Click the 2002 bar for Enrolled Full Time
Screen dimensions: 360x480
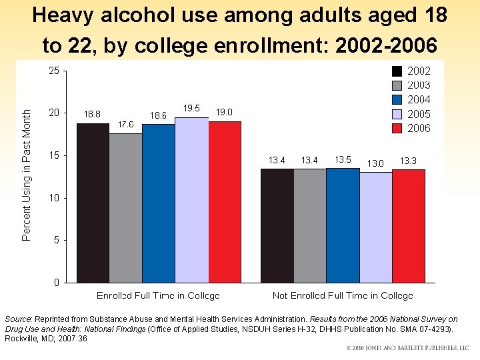[x=93, y=203]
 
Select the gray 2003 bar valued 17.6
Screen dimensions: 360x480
[x=125, y=208]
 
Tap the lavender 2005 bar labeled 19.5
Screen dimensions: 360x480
[x=191, y=200]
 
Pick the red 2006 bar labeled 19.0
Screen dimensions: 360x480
[x=225, y=202]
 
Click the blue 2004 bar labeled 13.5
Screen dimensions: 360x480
[x=343, y=225]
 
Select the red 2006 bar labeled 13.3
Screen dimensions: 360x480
[x=408, y=226]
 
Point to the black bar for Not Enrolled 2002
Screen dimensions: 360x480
[x=277, y=226]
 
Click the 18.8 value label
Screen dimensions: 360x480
[x=91, y=114]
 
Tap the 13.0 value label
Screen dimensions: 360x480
[x=375, y=163]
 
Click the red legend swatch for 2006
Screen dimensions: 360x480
[x=397, y=128]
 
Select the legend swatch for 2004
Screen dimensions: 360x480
[x=397, y=99]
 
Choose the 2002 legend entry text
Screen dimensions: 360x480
[x=419, y=71]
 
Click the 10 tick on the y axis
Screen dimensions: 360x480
[x=54, y=198]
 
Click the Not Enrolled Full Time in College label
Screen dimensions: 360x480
[x=343, y=295]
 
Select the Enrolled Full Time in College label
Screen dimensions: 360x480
[x=158, y=295]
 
